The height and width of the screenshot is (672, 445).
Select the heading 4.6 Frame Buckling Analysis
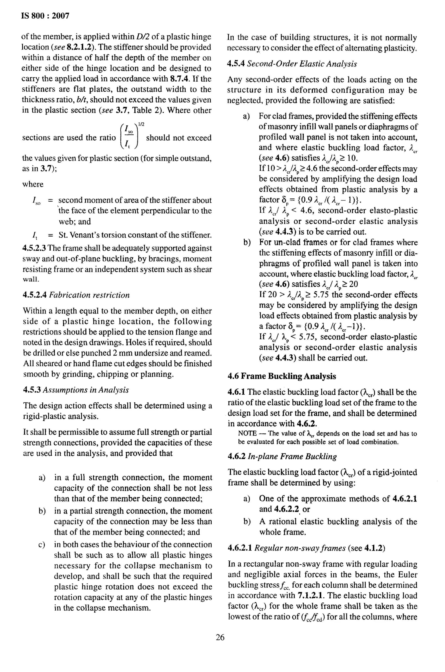coord(282,376)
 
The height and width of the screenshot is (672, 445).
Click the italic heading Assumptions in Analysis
coord(86,390)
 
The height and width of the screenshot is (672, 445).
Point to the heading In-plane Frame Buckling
coord(292,456)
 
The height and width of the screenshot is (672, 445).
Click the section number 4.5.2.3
coord(34,248)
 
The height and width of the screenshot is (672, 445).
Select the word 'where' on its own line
coord(33,184)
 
